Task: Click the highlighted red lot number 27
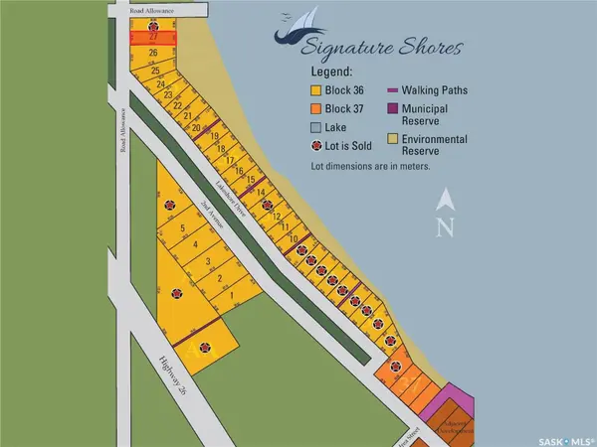click(153, 37)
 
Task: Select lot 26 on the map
click(153, 53)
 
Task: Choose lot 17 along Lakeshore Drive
click(230, 160)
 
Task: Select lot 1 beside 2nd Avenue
click(232, 295)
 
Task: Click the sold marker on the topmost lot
click(152, 24)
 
